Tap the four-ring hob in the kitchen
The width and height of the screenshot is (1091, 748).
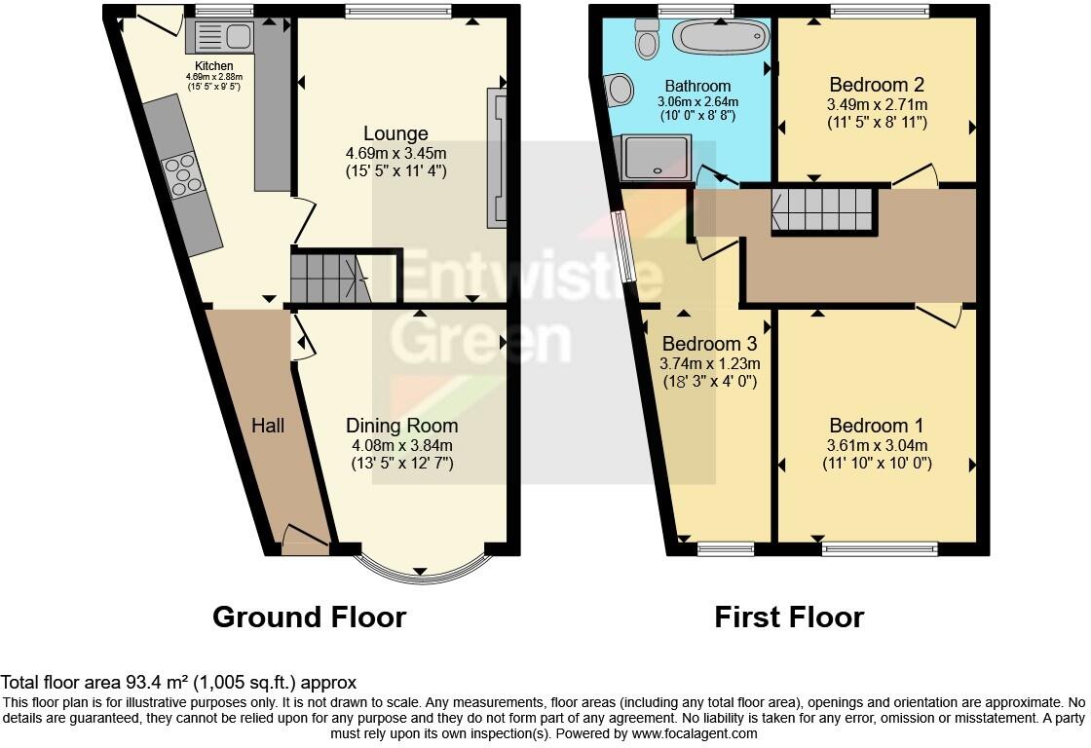pyautogui.click(x=182, y=174)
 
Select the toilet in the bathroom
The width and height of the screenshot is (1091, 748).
pyautogui.click(x=647, y=38)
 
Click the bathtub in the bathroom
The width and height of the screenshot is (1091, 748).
pyautogui.click(x=722, y=36)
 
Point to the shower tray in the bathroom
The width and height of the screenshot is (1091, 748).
pyautogui.click(x=654, y=157)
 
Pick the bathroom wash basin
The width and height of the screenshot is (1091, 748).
pyautogui.click(x=618, y=91)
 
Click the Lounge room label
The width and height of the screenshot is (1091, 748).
pyautogui.click(x=395, y=132)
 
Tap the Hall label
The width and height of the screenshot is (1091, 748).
pyautogui.click(x=268, y=426)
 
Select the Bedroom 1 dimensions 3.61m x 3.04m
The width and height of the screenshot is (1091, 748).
pyautogui.click(x=877, y=445)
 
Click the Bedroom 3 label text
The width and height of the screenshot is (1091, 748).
pyautogui.click(x=709, y=344)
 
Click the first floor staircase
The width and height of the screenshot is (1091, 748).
pyautogui.click(x=822, y=209)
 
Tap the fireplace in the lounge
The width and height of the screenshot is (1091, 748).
pyautogui.click(x=497, y=158)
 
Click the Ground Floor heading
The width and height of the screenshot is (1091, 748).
pyautogui.click(x=309, y=617)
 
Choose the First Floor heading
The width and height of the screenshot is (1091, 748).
pyautogui.click(x=789, y=617)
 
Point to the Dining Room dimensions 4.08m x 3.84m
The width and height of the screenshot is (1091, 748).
pyautogui.click(x=402, y=445)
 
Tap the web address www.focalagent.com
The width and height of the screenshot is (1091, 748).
pyautogui.click(x=695, y=733)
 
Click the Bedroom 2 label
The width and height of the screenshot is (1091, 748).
pyautogui.click(x=877, y=85)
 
